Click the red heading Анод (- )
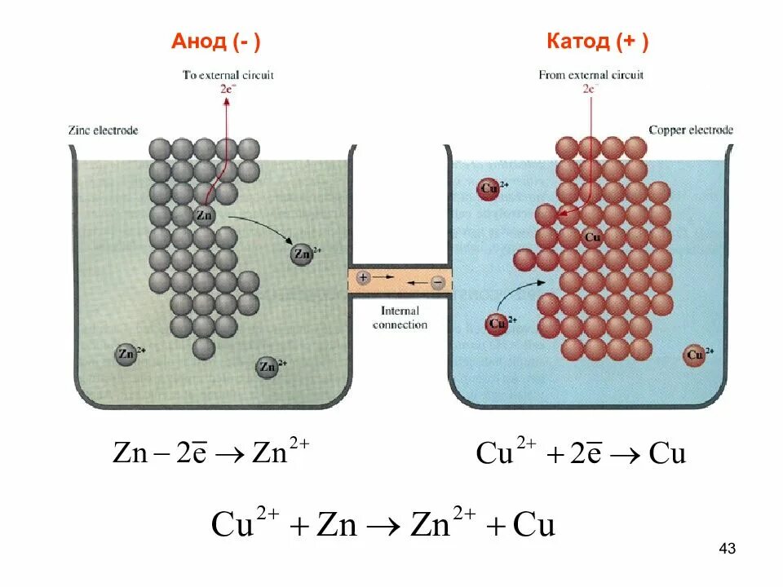pos(216,42)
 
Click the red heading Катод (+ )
pos(597,42)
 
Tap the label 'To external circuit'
pos(228,75)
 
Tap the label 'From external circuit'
pos(591,75)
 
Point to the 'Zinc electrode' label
pos(104,130)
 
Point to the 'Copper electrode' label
pos(690,130)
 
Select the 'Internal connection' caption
pos(400,318)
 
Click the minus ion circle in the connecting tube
pos(438,282)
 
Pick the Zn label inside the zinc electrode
pos(204,216)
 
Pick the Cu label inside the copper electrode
pos(593,237)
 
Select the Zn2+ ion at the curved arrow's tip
pos(303,254)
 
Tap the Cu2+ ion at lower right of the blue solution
pos(695,355)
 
